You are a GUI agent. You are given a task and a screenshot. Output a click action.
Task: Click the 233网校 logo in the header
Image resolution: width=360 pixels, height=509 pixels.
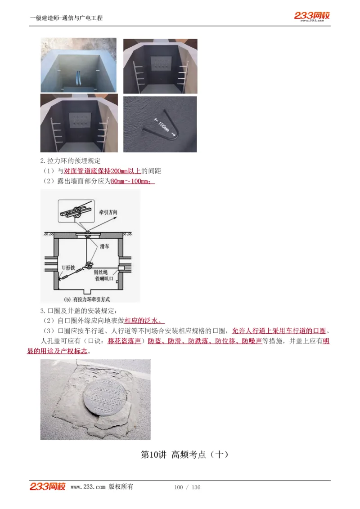(312, 16)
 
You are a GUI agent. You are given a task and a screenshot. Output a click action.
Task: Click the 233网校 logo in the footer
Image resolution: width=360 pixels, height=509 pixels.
(48, 487)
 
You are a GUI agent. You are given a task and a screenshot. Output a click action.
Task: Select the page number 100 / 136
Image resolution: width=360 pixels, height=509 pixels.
(187, 487)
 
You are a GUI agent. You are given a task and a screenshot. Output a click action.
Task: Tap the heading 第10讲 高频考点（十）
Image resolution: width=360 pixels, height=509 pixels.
(184, 455)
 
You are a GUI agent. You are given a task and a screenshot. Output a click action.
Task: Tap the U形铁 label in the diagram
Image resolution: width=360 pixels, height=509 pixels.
(67, 267)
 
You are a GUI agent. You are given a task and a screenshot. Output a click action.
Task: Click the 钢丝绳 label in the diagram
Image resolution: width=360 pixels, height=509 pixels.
(100, 272)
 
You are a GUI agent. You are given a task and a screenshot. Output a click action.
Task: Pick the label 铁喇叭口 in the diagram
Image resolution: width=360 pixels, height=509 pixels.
(103, 279)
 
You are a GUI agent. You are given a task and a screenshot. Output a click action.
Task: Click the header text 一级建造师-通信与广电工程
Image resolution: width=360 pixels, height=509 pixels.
(66, 18)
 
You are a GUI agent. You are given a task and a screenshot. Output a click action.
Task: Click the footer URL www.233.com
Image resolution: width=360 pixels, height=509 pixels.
(88, 487)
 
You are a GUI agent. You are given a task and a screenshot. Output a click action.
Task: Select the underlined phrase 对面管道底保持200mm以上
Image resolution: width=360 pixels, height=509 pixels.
(103, 171)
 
